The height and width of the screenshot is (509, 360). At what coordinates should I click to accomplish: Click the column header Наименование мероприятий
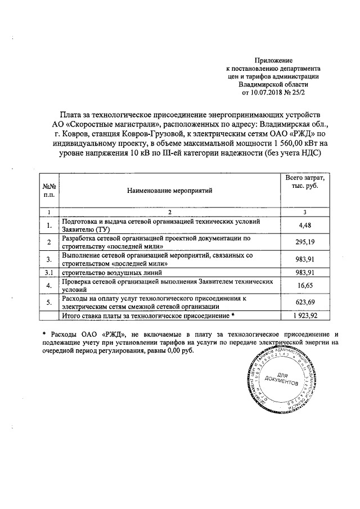tap(169, 191)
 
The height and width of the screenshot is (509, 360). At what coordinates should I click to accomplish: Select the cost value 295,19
tap(304, 242)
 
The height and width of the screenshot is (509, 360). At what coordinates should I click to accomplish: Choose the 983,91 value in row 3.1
tap(304, 273)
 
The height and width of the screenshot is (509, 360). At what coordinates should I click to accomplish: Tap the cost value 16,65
tap(304, 286)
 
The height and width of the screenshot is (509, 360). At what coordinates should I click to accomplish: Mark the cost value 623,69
tap(304, 303)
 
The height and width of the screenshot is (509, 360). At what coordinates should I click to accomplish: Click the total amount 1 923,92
tap(304, 316)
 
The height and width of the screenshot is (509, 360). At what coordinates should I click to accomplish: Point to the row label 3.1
tap(49, 273)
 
